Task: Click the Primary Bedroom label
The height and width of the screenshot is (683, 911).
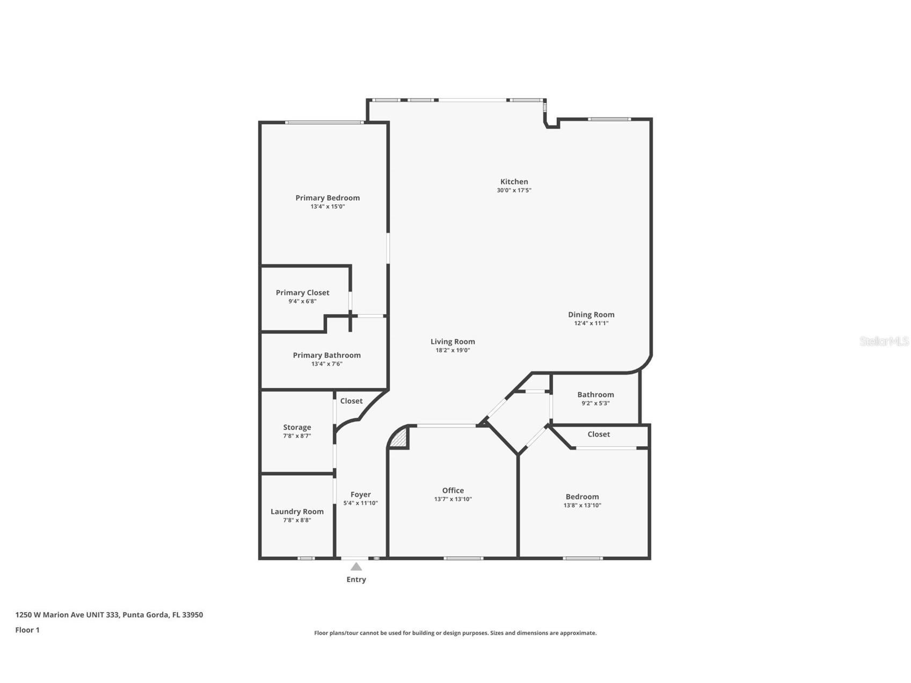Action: click(x=327, y=198)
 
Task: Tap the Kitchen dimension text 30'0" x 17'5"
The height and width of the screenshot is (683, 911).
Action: click(x=514, y=190)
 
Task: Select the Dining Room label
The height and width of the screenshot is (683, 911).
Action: click(x=591, y=315)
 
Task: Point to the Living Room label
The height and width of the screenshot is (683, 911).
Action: click(x=453, y=341)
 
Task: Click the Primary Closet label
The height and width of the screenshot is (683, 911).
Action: click(x=302, y=293)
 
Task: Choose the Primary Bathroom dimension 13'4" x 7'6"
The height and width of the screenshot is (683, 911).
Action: click(x=326, y=364)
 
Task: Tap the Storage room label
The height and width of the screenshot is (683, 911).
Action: click(x=297, y=427)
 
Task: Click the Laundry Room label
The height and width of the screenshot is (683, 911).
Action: click(x=297, y=512)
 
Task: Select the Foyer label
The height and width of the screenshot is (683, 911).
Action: click(x=361, y=495)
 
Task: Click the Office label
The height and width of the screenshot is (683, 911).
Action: click(x=453, y=490)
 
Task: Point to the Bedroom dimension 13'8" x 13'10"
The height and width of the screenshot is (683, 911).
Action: click(x=582, y=505)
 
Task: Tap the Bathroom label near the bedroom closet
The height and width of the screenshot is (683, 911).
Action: click(x=595, y=395)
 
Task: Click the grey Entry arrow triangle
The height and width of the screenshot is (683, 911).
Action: click(x=356, y=566)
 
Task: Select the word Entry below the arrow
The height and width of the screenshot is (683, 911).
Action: click(x=356, y=579)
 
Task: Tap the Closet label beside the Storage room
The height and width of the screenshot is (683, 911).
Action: click(x=351, y=401)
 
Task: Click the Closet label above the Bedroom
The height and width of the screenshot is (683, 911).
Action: click(x=598, y=434)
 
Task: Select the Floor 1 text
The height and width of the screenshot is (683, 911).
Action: click(x=27, y=630)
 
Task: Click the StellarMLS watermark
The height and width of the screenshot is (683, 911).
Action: click(x=884, y=341)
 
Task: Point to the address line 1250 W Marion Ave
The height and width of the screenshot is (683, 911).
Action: click(x=109, y=615)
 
